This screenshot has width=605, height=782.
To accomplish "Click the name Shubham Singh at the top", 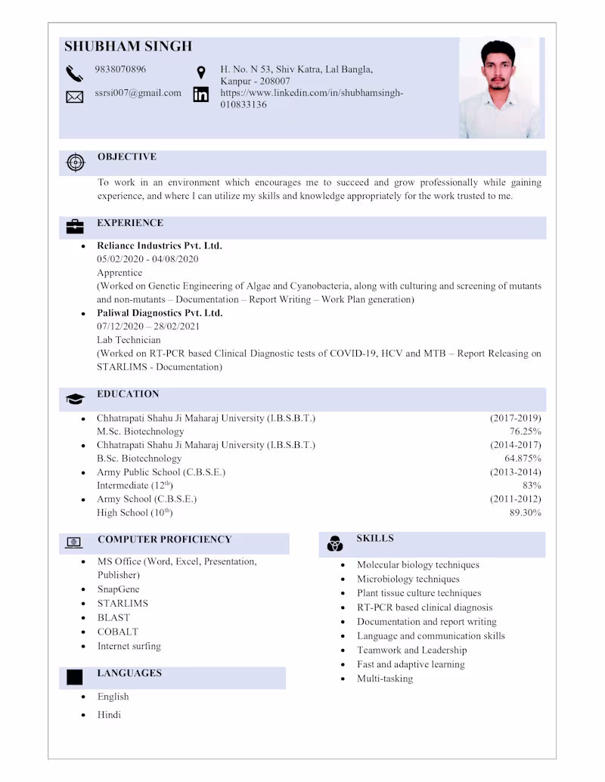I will [x=128, y=46].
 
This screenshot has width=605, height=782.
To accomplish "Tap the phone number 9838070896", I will [x=120, y=70].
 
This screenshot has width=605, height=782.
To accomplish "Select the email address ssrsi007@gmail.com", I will [x=138, y=93].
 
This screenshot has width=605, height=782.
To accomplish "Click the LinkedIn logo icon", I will [x=201, y=94].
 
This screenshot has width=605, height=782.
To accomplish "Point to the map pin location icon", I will [x=201, y=73].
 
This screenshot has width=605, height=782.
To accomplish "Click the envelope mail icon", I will [x=74, y=97].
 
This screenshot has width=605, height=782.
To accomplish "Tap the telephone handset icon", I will [x=74, y=73].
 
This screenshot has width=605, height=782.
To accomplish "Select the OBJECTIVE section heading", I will [x=126, y=157].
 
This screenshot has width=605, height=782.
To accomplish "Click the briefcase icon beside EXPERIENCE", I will [x=75, y=227].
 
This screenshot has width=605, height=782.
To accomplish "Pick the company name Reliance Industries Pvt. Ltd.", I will [x=159, y=246].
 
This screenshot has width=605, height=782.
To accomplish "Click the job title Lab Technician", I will [x=129, y=340].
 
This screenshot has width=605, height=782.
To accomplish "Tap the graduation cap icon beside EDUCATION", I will [x=75, y=398].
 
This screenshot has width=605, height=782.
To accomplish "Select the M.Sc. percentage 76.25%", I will [x=525, y=431].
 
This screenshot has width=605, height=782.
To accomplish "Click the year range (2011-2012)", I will [x=515, y=499].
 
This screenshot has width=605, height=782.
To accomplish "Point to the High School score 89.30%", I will [x=525, y=513].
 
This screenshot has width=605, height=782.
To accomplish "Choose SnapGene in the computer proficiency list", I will [x=118, y=589].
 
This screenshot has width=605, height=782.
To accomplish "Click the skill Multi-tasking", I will [x=385, y=678].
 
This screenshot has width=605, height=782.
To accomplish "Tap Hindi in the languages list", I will [x=109, y=715].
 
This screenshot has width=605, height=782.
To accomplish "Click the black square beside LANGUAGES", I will [x=74, y=677].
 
